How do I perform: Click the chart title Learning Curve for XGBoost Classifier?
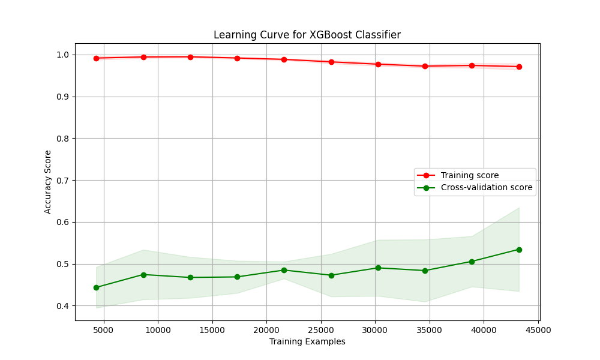pyautogui.click(x=307, y=35)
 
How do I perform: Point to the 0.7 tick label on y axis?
pyautogui.click(x=63, y=181)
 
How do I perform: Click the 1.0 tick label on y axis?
pyautogui.click(x=63, y=55)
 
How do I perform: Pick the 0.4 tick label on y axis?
pyautogui.click(x=63, y=306)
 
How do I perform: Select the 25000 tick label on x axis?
pyautogui.click(x=320, y=330)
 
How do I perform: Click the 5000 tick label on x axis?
pyautogui.click(x=104, y=330)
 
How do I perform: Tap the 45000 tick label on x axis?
pyautogui.click(x=538, y=330)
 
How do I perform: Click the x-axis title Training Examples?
pyautogui.click(x=307, y=341)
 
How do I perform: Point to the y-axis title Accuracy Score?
pyautogui.click(x=47, y=182)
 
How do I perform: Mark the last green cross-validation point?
pyautogui.click(x=519, y=250)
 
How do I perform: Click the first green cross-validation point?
pyautogui.click(x=97, y=287)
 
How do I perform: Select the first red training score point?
pyautogui.click(x=97, y=59)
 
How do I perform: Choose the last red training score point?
pyautogui.click(x=519, y=67)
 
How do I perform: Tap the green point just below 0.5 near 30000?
pyautogui.click(x=378, y=268)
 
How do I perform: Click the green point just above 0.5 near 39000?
pyautogui.click(x=472, y=262)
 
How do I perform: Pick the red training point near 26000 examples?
pyautogui.click(x=331, y=62)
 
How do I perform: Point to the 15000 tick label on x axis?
pyautogui.click(x=212, y=330)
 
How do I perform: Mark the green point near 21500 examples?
pyautogui.click(x=284, y=270)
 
